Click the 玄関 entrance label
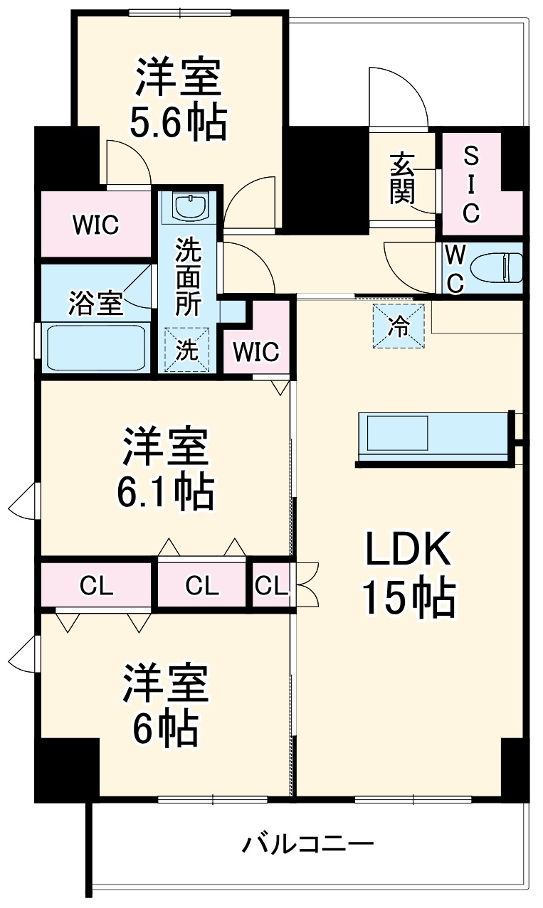(402, 178)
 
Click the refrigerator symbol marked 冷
(399, 326)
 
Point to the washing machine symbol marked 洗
(187, 350)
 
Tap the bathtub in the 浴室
(95, 347)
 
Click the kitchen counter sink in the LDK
(395, 432)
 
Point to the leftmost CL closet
(97, 586)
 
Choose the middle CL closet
(202, 586)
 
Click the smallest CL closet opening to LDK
(272, 586)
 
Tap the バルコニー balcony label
(308, 845)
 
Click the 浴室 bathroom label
(96, 303)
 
